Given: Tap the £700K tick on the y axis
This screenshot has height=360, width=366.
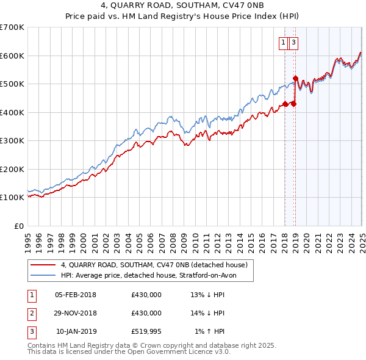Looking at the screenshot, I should click(x=12, y=27).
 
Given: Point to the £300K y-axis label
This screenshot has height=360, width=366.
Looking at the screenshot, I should click(x=12, y=141).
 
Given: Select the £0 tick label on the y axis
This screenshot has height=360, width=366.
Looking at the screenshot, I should click(x=20, y=226).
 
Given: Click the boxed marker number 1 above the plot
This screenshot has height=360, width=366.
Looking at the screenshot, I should click(x=284, y=43).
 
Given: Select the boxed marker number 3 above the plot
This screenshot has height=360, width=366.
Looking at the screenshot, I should click(x=294, y=43).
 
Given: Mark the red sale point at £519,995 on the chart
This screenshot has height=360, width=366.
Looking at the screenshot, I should click(x=295, y=78).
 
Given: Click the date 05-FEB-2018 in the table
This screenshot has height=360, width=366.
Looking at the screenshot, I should click(x=76, y=295).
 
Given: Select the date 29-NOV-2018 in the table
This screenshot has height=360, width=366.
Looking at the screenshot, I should click(x=76, y=313).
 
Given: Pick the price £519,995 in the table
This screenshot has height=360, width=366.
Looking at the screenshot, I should click(x=146, y=331).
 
